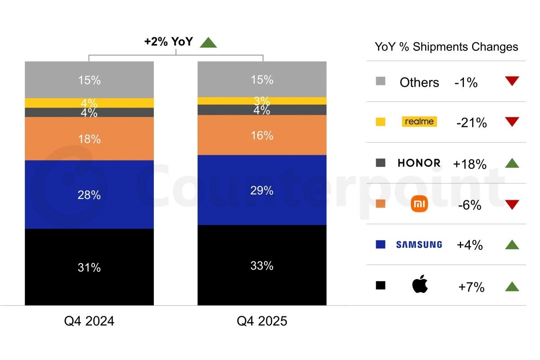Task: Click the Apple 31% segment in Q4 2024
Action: [89, 267]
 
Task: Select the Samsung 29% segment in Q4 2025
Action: [262, 190]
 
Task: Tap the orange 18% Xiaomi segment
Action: [89, 139]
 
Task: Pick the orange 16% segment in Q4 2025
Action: [262, 135]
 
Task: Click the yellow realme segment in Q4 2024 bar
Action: [89, 103]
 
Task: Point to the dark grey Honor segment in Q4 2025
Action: [262, 110]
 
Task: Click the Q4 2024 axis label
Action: [89, 321]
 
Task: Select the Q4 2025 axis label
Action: [262, 321]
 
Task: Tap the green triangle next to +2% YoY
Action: [208, 43]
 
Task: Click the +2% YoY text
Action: [168, 42]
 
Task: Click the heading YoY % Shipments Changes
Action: [446, 47]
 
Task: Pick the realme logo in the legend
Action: [419, 121]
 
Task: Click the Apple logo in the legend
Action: [420, 285]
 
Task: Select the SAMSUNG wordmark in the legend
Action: [419, 245]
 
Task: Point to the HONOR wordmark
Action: [419, 163]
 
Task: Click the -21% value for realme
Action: [471, 123]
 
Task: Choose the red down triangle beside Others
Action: [512, 81]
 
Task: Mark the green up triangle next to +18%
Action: [512, 163]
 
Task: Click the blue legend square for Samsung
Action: [380, 244]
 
